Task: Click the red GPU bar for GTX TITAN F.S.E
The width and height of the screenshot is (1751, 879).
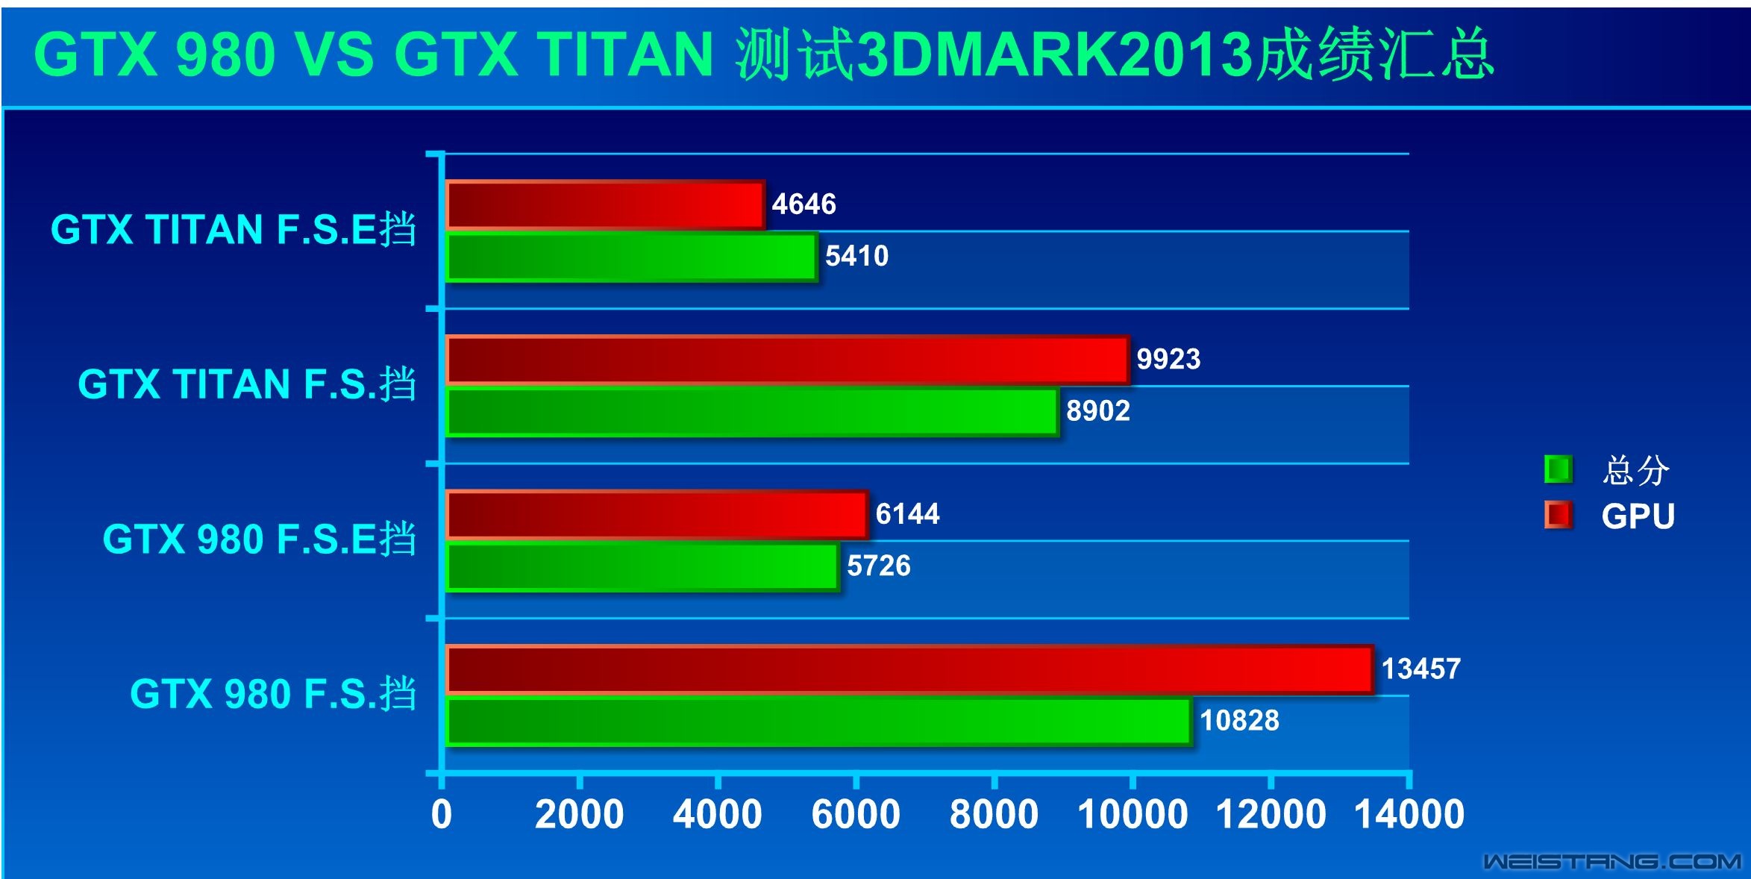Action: click(x=605, y=204)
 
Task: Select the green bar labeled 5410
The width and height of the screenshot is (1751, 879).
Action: click(x=631, y=257)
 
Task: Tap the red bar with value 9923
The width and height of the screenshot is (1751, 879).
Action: click(x=787, y=360)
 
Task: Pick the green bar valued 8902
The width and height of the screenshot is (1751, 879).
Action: click(x=752, y=412)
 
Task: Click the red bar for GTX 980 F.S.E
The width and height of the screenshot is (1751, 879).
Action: click(x=657, y=515)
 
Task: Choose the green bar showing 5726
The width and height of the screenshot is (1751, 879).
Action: click(x=642, y=567)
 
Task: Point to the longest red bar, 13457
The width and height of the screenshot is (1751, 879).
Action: click(x=909, y=669)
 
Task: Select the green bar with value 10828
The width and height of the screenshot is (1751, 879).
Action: click(x=818, y=722)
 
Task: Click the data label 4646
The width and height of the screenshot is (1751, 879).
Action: click(x=804, y=204)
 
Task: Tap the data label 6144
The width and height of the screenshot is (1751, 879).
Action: click(x=907, y=514)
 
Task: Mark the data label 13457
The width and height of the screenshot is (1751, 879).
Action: click(x=1420, y=669)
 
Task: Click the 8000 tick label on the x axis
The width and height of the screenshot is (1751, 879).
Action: click(x=994, y=814)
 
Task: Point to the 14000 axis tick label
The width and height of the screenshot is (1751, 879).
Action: click(x=1409, y=814)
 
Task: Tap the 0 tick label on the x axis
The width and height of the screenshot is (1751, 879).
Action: click(x=442, y=814)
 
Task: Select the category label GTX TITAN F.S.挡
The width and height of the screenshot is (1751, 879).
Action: click(x=247, y=384)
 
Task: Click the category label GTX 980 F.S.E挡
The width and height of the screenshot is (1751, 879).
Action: click(x=259, y=539)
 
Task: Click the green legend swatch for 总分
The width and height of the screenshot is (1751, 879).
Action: click(x=1558, y=469)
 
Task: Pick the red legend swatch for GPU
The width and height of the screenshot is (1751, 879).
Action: click(x=1558, y=516)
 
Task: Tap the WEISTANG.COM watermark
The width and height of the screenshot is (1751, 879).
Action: click(x=1611, y=862)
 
